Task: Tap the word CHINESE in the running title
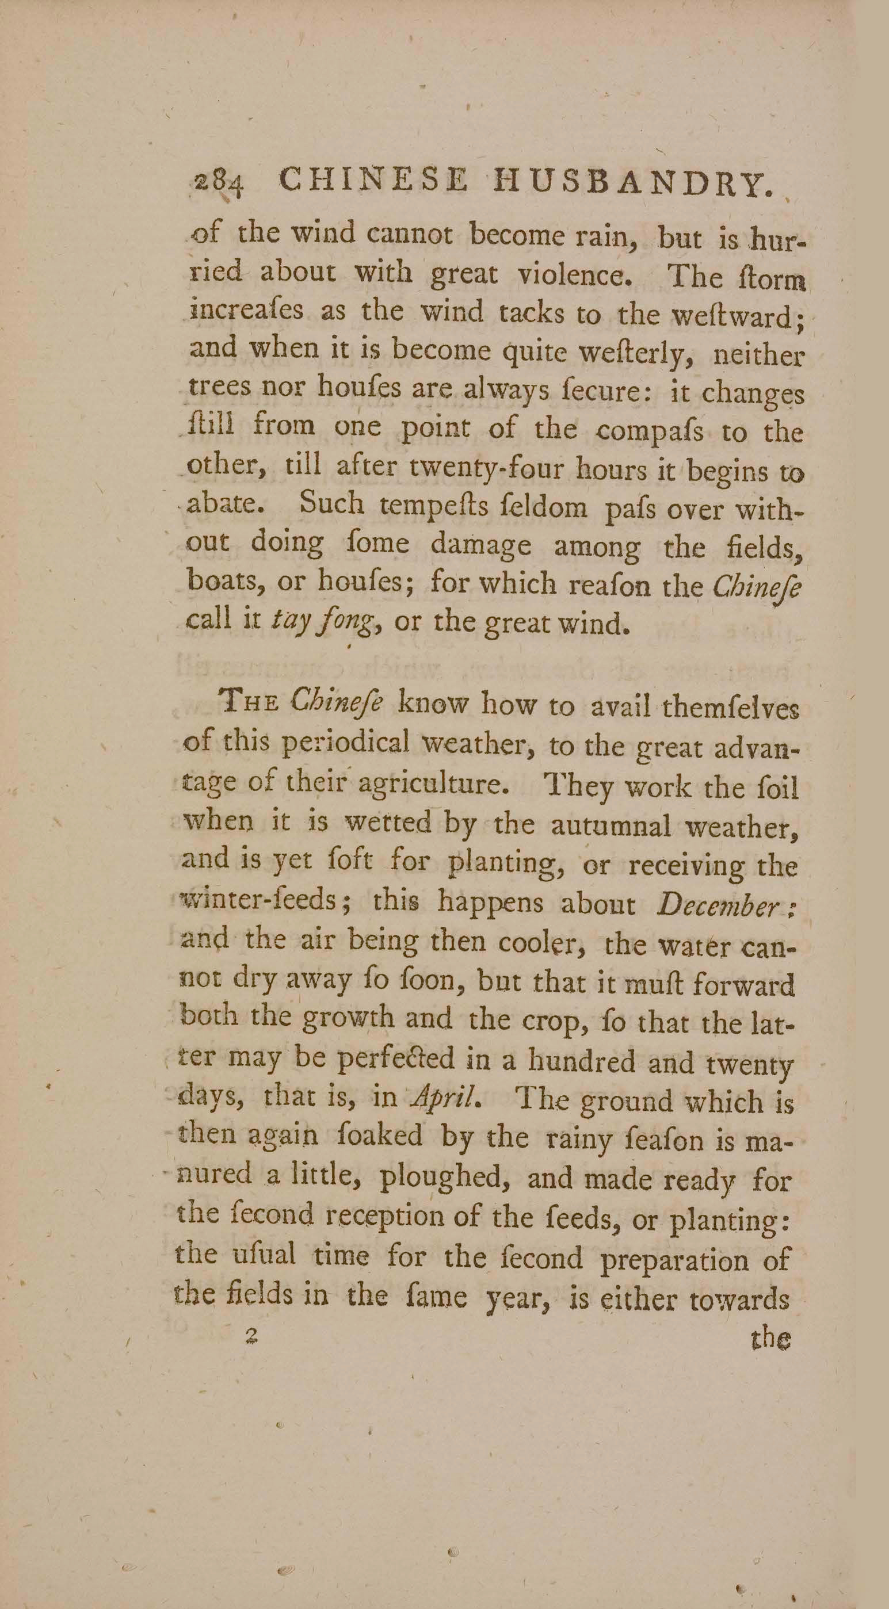[372, 182]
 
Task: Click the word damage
[481, 545]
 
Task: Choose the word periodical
[345, 744]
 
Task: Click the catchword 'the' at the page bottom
[770, 1338]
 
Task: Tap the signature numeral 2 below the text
[252, 1335]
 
